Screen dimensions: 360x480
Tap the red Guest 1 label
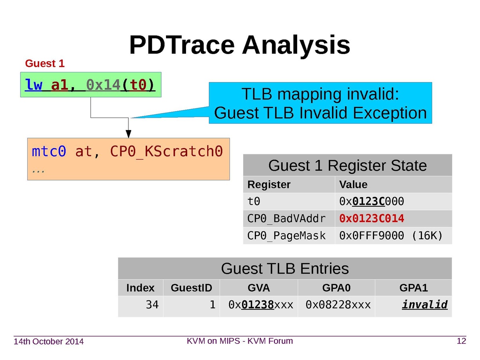click(x=44, y=64)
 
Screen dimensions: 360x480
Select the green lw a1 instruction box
click(x=90, y=85)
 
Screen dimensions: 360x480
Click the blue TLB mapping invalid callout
click(x=320, y=103)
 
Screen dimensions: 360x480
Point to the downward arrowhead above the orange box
click(x=128, y=134)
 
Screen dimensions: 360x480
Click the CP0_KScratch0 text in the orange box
click(x=166, y=152)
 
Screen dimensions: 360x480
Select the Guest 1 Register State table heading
click(x=347, y=165)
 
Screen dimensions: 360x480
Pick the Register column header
click(x=269, y=185)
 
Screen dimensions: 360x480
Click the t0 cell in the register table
click(x=254, y=202)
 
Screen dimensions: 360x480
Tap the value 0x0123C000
click(x=371, y=202)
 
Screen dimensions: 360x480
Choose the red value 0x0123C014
click(x=371, y=219)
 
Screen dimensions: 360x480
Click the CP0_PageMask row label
click(x=286, y=236)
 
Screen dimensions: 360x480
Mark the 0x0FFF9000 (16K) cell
click(x=391, y=236)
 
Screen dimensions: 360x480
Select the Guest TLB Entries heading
click(x=285, y=268)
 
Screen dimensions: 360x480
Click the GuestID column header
click(x=191, y=288)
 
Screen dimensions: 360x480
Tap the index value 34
click(x=152, y=305)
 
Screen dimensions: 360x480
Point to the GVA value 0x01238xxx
click(x=261, y=305)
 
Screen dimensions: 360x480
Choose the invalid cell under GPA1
click(x=424, y=305)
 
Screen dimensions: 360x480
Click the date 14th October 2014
click(x=49, y=342)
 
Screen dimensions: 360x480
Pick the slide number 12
click(x=461, y=341)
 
